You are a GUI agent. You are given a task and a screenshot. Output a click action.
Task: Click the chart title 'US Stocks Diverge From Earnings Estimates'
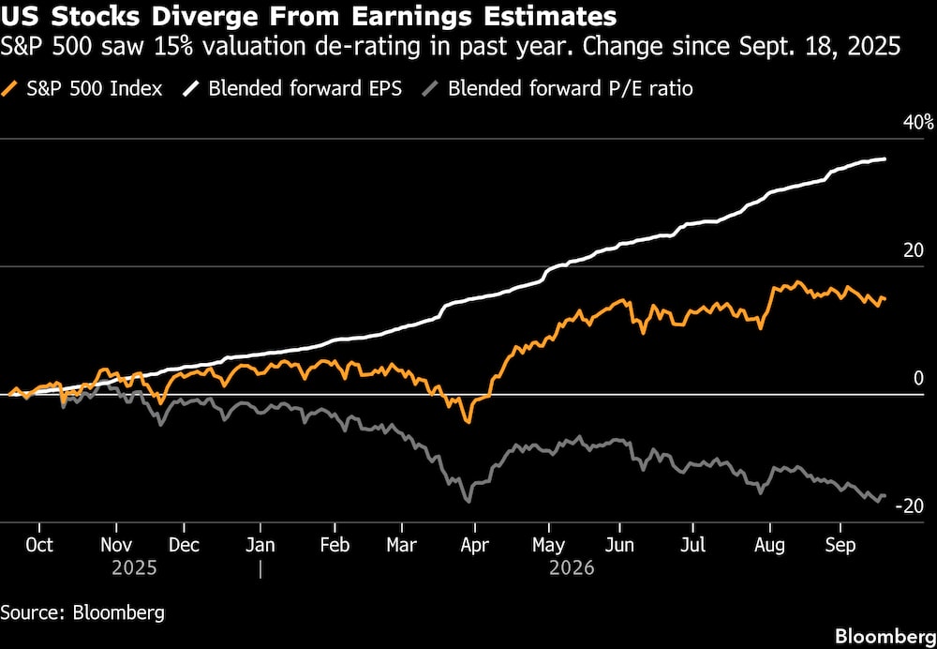click(x=308, y=17)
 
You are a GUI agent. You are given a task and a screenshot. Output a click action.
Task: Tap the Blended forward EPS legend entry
click(x=292, y=89)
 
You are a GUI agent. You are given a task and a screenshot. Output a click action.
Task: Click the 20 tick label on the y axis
click(x=913, y=251)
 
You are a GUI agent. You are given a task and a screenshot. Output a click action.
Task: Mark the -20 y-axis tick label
click(x=909, y=506)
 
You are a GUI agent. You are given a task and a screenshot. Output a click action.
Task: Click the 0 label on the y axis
click(x=918, y=379)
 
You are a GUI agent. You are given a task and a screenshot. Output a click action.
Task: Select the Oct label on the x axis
click(x=39, y=546)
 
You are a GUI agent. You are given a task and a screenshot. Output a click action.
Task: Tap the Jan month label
click(x=260, y=546)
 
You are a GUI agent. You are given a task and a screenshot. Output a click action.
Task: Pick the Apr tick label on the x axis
click(x=474, y=546)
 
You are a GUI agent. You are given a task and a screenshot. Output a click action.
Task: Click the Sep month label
click(x=840, y=546)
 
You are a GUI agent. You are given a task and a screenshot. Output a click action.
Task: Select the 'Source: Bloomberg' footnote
click(x=82, y=612)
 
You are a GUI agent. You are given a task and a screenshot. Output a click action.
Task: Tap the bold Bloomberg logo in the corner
click(x=885, y=636)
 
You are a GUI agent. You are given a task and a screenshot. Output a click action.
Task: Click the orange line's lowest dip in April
click(x=468, y=422)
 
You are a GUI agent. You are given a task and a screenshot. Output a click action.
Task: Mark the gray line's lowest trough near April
click(x=468, y=501)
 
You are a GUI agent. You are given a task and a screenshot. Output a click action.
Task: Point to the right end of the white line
click(x=885, y=158)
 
